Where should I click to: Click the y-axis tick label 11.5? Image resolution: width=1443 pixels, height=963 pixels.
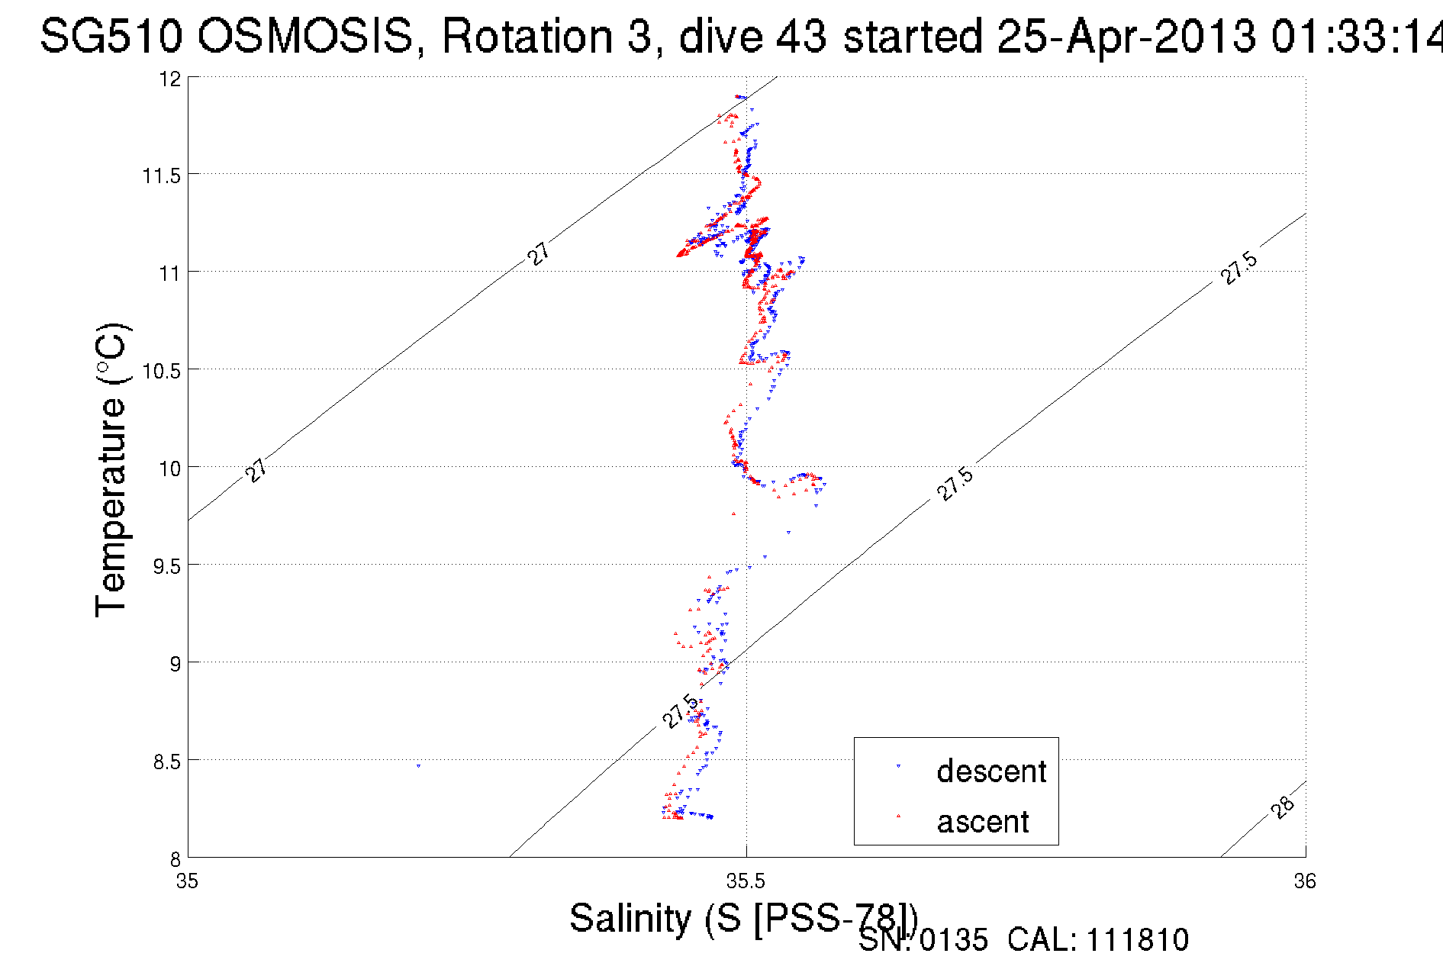[x=162, y=176]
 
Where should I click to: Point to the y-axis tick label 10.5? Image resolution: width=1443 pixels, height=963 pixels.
[x=162, y=372]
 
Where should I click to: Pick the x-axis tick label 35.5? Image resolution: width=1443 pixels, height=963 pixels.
[x=746, y=882]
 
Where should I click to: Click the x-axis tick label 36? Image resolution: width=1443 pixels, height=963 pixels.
[x=1305, y=882]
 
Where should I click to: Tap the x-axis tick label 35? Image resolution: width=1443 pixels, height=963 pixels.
[x=187, y=882]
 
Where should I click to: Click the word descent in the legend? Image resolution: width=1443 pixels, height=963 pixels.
[x=991, y=771]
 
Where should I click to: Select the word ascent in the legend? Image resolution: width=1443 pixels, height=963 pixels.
[x=983, y=822]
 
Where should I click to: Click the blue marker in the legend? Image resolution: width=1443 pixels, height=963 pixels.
[x=898, y=765]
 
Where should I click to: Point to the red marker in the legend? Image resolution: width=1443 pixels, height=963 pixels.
[x=898, y=816]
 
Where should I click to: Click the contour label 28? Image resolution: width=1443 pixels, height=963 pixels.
[x=1284, y=807]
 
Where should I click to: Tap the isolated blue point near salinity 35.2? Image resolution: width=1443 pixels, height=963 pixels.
[x=418, y=765]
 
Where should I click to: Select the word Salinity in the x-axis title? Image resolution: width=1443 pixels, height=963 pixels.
[x=630, y=918]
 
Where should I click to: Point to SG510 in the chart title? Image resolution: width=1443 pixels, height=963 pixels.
[x=111, y=37]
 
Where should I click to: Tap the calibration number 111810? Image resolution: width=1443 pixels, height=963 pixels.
[x=1137, y=940]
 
